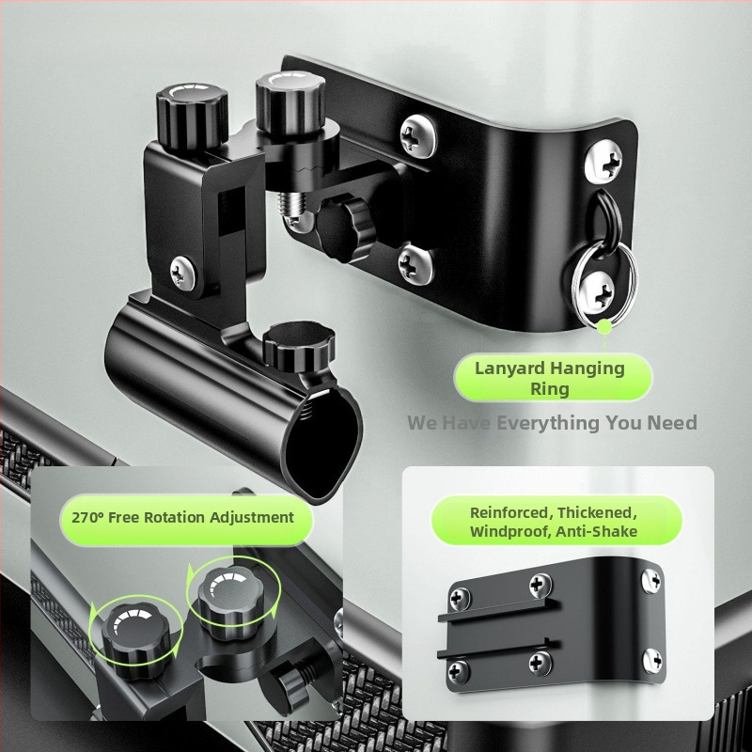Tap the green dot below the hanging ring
604,327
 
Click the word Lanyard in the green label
509,368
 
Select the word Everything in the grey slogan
548,423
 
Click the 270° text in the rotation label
87,518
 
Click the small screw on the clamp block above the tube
183,273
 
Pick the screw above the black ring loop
603,160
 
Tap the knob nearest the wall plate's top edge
290,101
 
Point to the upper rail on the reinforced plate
499,610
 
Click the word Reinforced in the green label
510,512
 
